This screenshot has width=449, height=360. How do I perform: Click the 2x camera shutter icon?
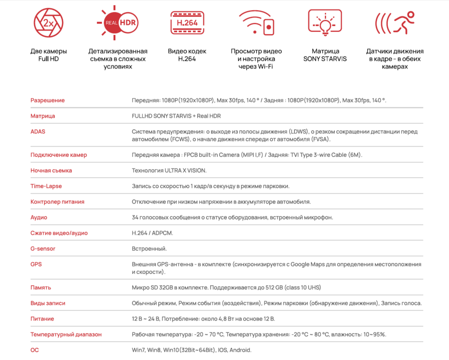pyautogui.click(x=49, y=23)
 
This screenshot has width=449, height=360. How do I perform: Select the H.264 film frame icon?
pyautogui.click(x=187, y=23)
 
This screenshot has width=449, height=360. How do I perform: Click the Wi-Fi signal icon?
pyautogui.click(x=256, y=23)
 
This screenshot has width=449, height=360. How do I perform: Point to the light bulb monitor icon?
pyautogui.click(x=325, y=23)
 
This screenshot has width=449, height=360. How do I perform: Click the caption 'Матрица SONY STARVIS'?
pyautogui.click(x=325, y=55)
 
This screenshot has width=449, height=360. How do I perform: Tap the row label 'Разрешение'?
pyautogui.click(x=47, y=100)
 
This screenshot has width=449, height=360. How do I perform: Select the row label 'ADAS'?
pyautogui.click(x=38, y=132)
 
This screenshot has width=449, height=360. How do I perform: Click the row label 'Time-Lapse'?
pyautogui.click(x=46, y=186)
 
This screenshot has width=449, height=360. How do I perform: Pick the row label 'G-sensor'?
pyautogui.click(x=43, y=248)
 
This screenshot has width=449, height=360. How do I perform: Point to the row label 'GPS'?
pyautogui.click(x=36, y=264)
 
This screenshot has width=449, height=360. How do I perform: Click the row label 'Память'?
pyautogui.click(x=41, y=287)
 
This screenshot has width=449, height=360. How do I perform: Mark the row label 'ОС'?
pyautogui.click(x=35, y=350)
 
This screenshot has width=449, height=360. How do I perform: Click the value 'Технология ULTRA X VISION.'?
pyautogui.click(x=169, y=170)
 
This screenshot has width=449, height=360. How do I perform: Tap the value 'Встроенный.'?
pyautogui.click(x=149, y=248)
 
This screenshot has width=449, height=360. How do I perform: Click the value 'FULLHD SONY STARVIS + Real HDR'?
pyautogui.click(x=176, y=116)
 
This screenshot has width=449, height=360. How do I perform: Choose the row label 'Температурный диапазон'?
pyautogui.click(x=66, y=335)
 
